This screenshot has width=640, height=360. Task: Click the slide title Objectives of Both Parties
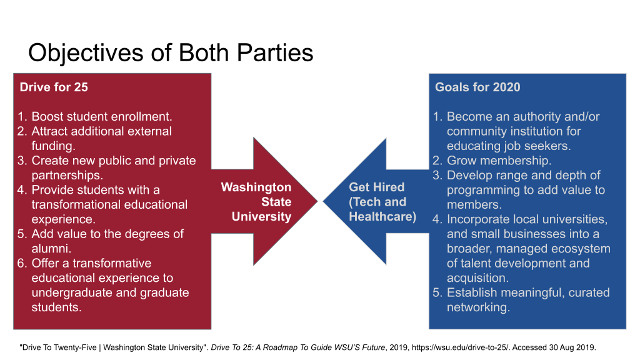(171, 54)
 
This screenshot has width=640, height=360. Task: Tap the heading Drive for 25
(54, 87)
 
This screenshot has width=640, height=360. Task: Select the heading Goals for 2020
(477, 87)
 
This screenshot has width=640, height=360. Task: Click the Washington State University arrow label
(256, 202)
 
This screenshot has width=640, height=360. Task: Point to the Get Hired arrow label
(382, 202)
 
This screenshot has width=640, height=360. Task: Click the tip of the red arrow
(317, 201)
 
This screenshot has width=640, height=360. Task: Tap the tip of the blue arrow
(323, 201)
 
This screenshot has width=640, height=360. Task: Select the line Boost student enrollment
(102, 117)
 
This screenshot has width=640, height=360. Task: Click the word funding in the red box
(54, 146)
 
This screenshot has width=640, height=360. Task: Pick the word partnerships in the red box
(67, 176)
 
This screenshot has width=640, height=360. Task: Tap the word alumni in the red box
(51, 249)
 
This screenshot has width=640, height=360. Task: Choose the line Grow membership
(499, 161)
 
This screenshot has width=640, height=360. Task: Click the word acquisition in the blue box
(477, 278)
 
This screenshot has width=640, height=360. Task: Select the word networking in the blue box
(478, 307)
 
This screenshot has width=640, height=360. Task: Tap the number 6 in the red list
(21, 263)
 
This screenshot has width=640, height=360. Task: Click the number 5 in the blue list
(437, 292)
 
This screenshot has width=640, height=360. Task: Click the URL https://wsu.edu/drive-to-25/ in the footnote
(461, 347)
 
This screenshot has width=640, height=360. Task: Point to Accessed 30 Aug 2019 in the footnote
(554, 347)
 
